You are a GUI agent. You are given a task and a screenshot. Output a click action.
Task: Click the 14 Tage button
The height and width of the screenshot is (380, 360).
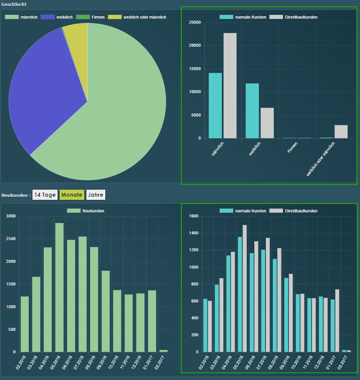(45, 195)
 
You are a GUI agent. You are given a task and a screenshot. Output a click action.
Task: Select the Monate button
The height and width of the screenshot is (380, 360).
(72, 195)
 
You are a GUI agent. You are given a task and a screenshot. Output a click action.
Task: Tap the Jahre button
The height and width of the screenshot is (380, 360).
(96, 195)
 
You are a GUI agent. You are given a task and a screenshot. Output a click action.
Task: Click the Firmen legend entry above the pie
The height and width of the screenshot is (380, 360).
(90, 17)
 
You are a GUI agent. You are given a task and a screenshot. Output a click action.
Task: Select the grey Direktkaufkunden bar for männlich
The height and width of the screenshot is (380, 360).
(230, 86)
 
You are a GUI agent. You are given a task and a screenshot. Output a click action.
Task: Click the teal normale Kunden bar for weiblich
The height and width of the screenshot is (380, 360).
(252, 111)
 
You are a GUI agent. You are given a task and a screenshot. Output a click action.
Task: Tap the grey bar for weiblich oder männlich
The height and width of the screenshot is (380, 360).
(341, 131)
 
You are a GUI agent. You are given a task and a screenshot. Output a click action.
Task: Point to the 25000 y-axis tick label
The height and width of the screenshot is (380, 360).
(195, 23)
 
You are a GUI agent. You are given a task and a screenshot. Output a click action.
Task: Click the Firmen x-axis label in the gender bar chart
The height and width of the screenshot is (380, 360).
(292, 148)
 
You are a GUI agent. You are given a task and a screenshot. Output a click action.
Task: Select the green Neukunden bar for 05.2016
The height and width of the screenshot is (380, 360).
(59, 287)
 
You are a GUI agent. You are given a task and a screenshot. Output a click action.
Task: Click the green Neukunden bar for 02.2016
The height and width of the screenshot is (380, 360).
(25, 324)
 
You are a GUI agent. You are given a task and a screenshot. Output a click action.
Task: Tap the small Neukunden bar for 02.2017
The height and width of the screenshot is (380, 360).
(163, 351)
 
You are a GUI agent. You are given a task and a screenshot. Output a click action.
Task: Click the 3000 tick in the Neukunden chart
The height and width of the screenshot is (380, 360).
(11, 216)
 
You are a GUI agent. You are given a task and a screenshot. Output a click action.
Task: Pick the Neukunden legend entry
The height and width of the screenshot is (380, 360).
(86, 211)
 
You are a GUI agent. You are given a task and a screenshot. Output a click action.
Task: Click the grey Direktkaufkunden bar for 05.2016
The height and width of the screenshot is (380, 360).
(245, 289)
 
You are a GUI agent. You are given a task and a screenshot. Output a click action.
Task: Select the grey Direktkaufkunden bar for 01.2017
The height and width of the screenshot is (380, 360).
(337, 321)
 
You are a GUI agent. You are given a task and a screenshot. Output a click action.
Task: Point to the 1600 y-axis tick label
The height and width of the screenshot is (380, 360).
(193, 216)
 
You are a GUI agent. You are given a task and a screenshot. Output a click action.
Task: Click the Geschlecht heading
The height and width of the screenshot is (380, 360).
(14, 4)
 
